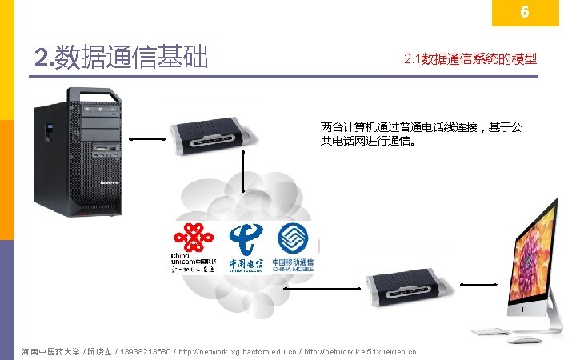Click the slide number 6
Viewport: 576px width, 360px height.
pyautogui.click(x=525, y=13)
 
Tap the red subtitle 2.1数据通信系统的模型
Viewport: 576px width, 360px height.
pyautogui.click(x=470, y=59)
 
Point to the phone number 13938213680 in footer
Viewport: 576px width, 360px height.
pyautogui.click(x=150, y=351)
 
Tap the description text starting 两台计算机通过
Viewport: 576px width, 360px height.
pyautogui.click(x=421, y=134)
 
